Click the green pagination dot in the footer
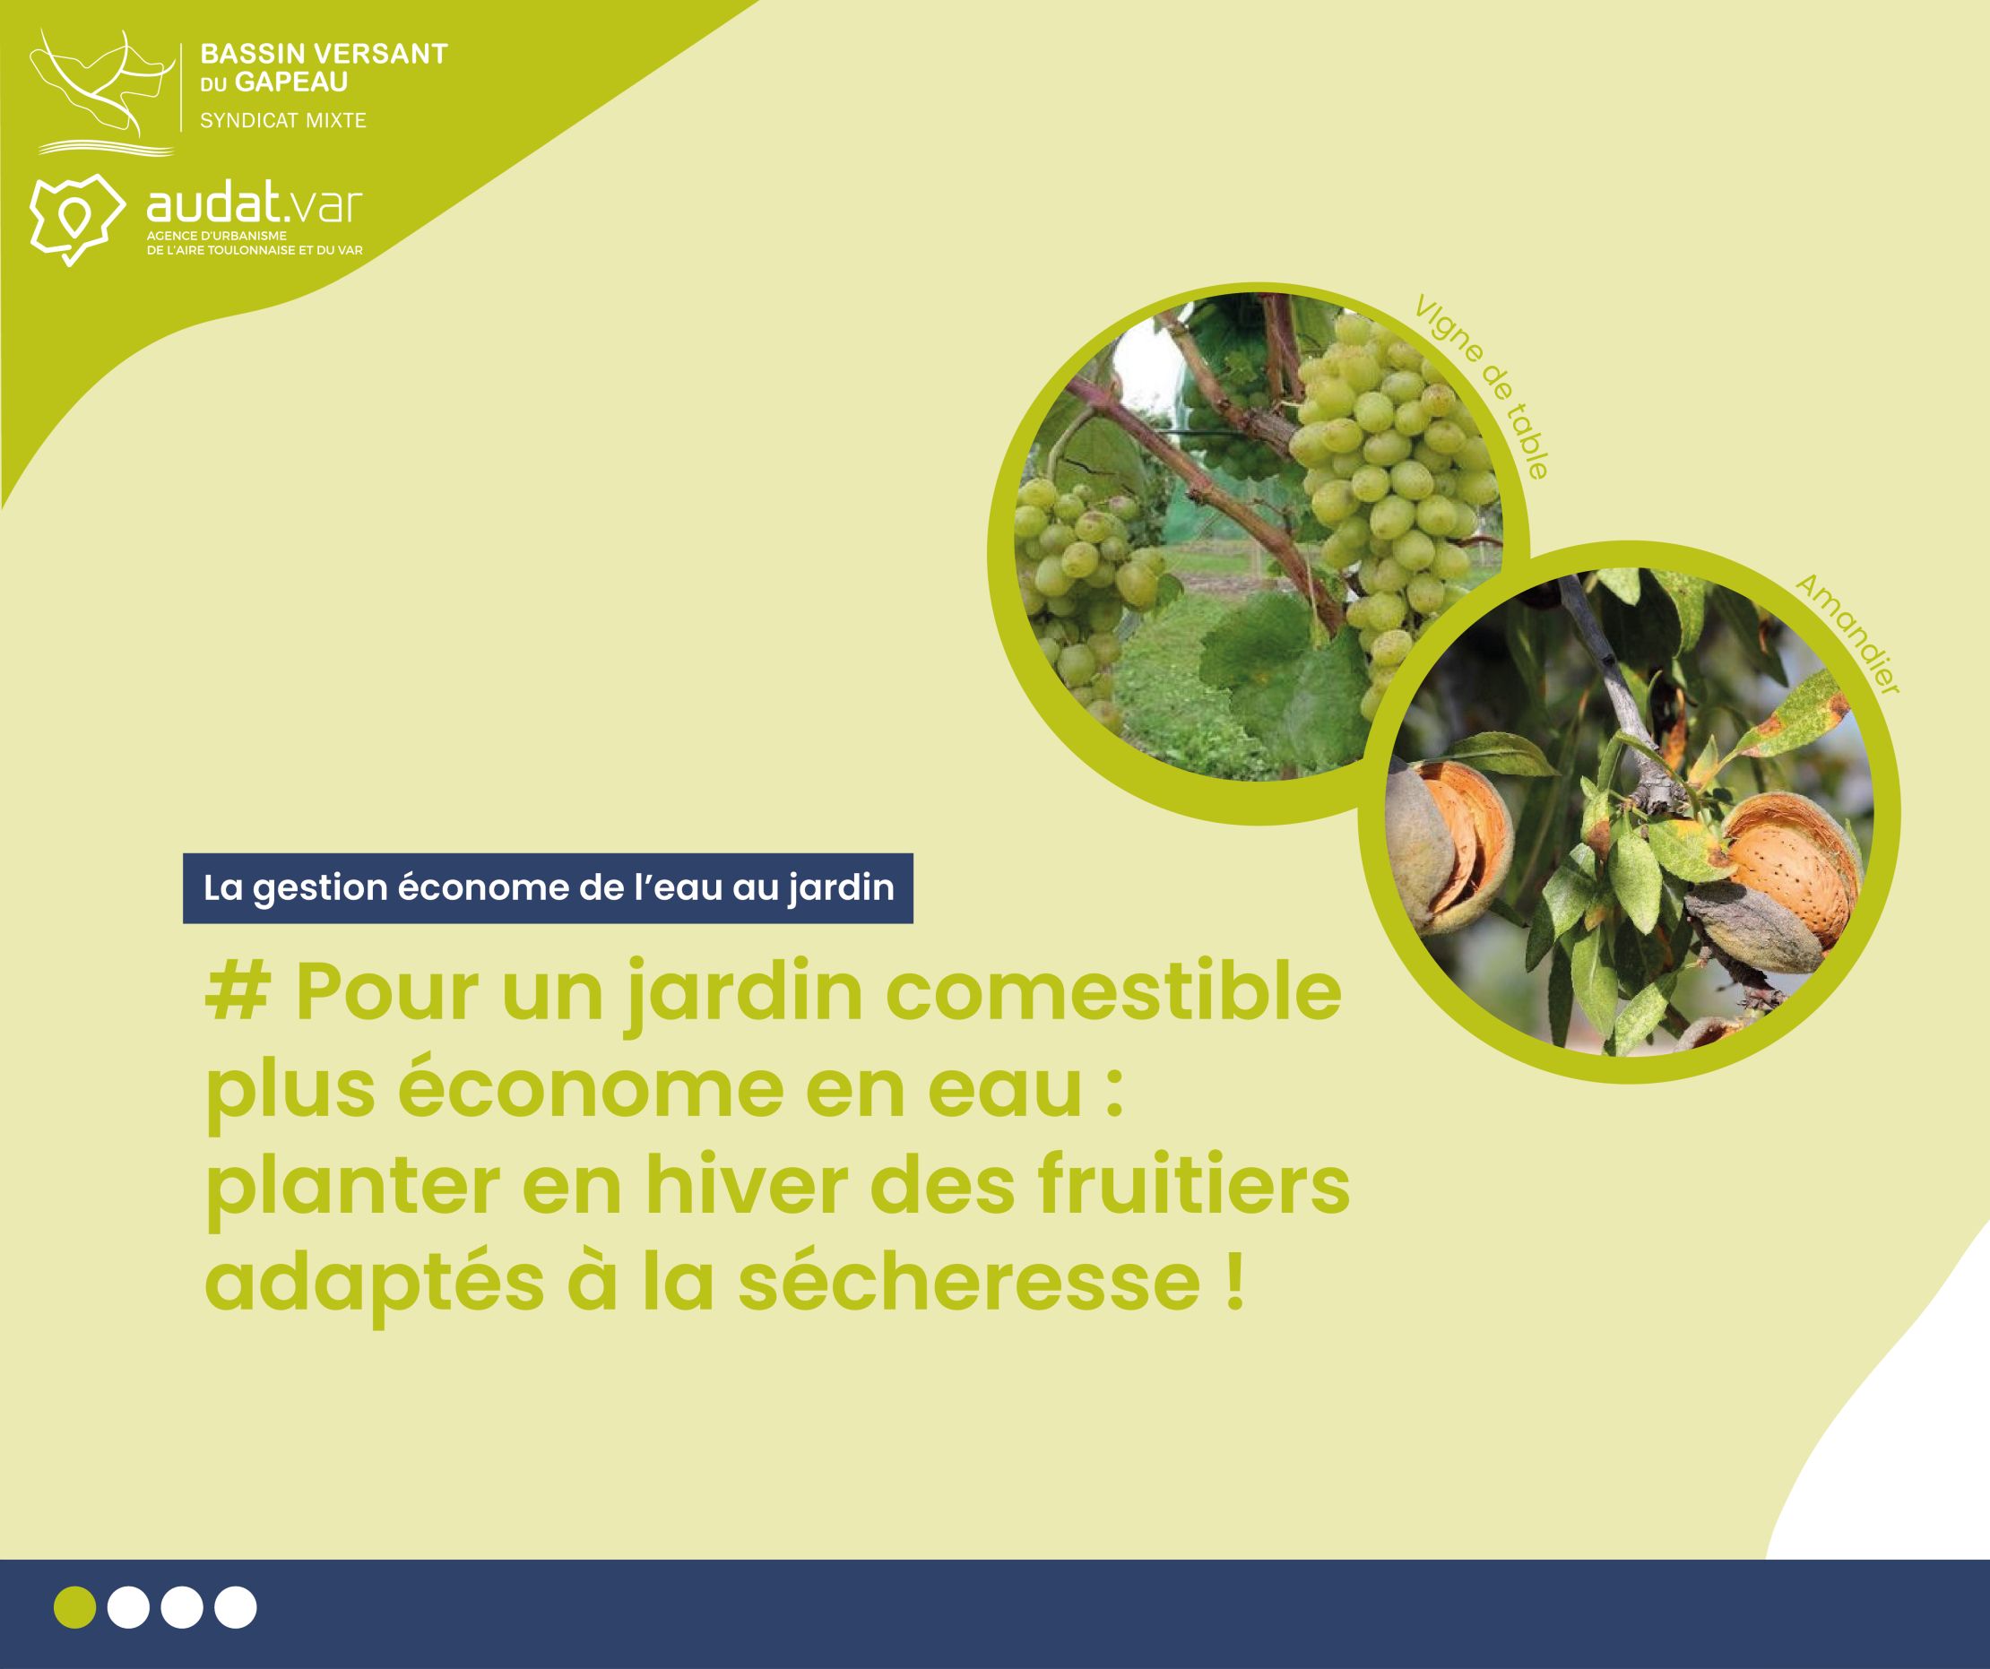click(x=75, y=1606)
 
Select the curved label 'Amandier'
click(x=1847, y=634)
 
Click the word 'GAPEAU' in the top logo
click(x=291, y=82)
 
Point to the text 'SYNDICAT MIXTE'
click(x=282, y=120)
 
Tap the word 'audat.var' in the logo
click(x=254, y=204)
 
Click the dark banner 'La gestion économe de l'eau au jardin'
click(x=548, y=888)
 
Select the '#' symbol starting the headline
click(x=236, y=993)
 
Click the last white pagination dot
click(x=235, y=1606)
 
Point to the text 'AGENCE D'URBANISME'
click(x=216, y=235)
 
